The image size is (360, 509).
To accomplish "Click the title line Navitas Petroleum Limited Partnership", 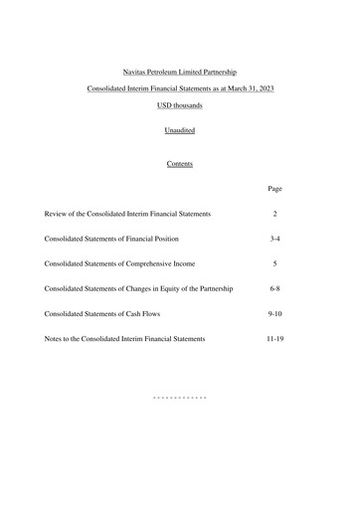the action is coord(180,72).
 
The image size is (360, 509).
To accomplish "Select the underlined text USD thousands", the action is coord(180,106).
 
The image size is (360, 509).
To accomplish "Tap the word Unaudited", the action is coord(180,129).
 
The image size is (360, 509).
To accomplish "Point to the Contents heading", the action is coord(180,164).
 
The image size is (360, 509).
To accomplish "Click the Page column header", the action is coord(275,188).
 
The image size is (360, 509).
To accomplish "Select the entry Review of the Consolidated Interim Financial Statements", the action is coord(127,214).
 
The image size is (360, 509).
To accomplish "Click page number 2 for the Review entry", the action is coord(275,214).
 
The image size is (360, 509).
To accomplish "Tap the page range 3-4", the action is coord(275,239).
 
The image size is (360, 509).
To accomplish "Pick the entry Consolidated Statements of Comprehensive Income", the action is coord(119,263).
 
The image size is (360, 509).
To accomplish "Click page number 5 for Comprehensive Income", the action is coord(275,263).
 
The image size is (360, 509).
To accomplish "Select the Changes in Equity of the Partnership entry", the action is coord(139,288).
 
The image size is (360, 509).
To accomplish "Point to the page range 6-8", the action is coord(275,288).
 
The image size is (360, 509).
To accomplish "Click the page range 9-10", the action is coord(275,313).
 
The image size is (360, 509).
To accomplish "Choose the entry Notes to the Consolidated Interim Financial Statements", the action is coord(125,339).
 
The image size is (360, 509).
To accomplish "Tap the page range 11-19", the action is coord(275,339).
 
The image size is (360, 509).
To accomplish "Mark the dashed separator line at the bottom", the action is coord(180,397).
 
